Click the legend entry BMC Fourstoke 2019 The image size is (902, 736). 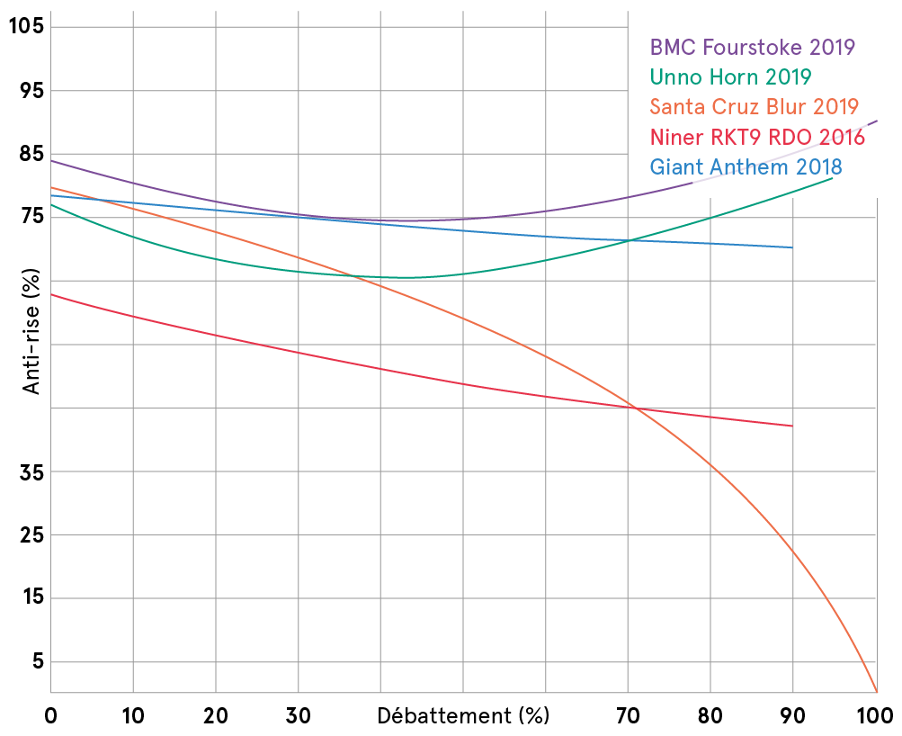(x=752, y=47)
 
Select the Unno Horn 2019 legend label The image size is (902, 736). (x=730, y=76)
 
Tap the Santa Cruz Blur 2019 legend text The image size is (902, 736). (x=754, y=107)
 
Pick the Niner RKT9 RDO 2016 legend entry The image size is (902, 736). (x=756, y=138)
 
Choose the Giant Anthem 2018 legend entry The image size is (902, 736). (x=746, y=167)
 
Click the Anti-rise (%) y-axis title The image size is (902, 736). (x=32, y=334)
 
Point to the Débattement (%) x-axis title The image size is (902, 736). (x=462, y=716)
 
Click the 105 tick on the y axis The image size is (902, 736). (x=26, y=26)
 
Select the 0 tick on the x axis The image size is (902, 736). (x=51, y=716)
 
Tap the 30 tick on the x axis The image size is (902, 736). (x=299, y=716)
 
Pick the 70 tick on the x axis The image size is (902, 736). (x=629, y=716)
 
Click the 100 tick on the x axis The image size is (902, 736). (x=876, y=716)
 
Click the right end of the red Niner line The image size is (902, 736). (x=792, y=426)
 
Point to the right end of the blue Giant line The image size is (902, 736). (x=792, y=247)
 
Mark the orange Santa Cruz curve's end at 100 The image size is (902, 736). (x=876, y=691)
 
